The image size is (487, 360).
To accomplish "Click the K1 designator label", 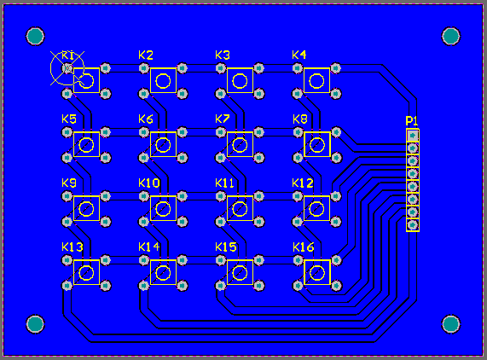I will click(68, 55).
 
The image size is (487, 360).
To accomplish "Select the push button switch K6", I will click(163, 144).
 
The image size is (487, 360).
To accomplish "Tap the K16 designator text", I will click(304, 247).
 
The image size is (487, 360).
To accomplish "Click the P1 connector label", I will click(412, 121).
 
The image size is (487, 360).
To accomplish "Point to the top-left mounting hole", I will click(35, 36).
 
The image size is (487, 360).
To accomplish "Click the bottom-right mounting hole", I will click(451, 323).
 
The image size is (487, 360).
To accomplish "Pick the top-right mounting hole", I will click(451, 36).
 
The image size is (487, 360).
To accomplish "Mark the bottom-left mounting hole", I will click(35, 323).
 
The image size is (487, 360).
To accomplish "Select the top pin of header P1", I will click(413, 135).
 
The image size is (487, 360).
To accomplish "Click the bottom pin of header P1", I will click(413, 225).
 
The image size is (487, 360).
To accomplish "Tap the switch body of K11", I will click(240, 208).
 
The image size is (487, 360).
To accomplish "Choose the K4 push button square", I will click(316, 81).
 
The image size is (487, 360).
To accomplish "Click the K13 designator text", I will click(72, 247).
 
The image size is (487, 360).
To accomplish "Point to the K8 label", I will click(299, 119).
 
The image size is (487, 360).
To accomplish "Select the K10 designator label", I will click(148, 183).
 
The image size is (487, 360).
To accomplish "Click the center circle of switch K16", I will click(316, 272).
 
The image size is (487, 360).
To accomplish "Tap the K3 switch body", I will click(240, 81).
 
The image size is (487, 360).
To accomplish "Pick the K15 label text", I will click(226, 247).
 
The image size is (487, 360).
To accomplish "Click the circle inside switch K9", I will click(85, 208).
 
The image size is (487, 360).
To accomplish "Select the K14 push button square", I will click(163, 272).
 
